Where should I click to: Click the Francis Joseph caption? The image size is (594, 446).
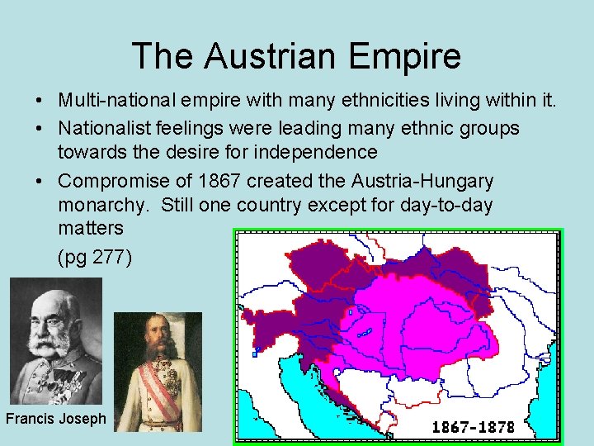click(56, 418)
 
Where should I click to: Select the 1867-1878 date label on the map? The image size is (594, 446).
click(474, 427)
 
